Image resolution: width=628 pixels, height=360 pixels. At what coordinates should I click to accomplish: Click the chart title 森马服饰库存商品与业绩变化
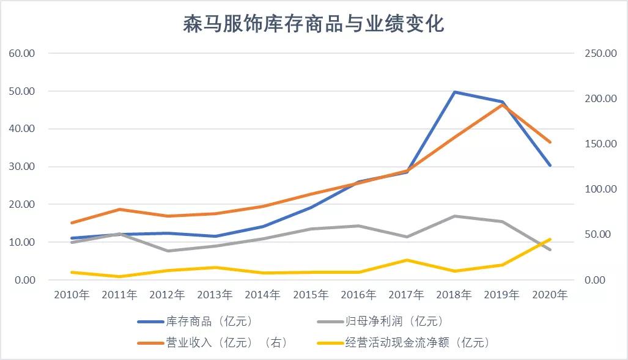(314, 24)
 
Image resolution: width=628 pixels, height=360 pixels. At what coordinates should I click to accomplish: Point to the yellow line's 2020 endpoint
(550, 239)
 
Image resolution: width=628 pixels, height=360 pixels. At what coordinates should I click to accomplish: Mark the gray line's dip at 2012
(168, 251)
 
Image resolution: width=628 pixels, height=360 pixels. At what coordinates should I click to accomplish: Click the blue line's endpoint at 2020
(550, 165)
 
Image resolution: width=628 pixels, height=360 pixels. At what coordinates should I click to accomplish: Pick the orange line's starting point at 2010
(72, 222)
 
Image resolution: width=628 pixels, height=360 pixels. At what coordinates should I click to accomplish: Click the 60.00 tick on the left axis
(22, 53)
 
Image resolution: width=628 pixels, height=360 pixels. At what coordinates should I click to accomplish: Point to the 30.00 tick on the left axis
(22, 166)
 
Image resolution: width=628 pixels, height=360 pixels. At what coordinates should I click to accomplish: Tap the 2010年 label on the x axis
(72, 295)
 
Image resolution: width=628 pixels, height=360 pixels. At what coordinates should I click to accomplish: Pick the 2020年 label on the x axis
(550, 295)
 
